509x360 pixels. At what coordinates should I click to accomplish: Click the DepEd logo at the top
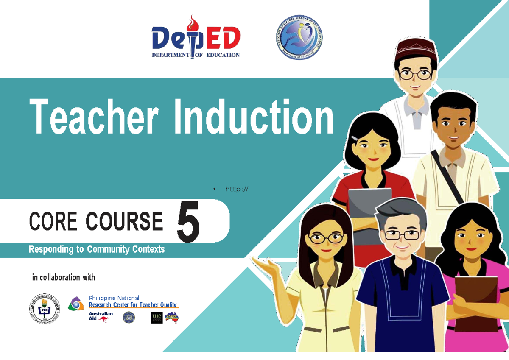(x=196, y=37)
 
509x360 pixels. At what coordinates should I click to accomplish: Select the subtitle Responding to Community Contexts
(x=96, y=249)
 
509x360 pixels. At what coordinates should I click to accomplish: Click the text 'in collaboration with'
(x=64, y=278)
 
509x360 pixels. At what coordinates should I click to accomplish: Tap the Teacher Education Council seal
(x=44, y=309)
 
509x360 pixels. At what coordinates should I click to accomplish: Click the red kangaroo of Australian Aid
(x=103, y=319)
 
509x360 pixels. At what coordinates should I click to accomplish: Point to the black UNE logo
(x=157, y=318)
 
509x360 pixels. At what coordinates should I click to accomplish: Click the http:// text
(x=237, y=189)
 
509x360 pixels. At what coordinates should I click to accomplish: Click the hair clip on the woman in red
(x=355, y=138)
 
